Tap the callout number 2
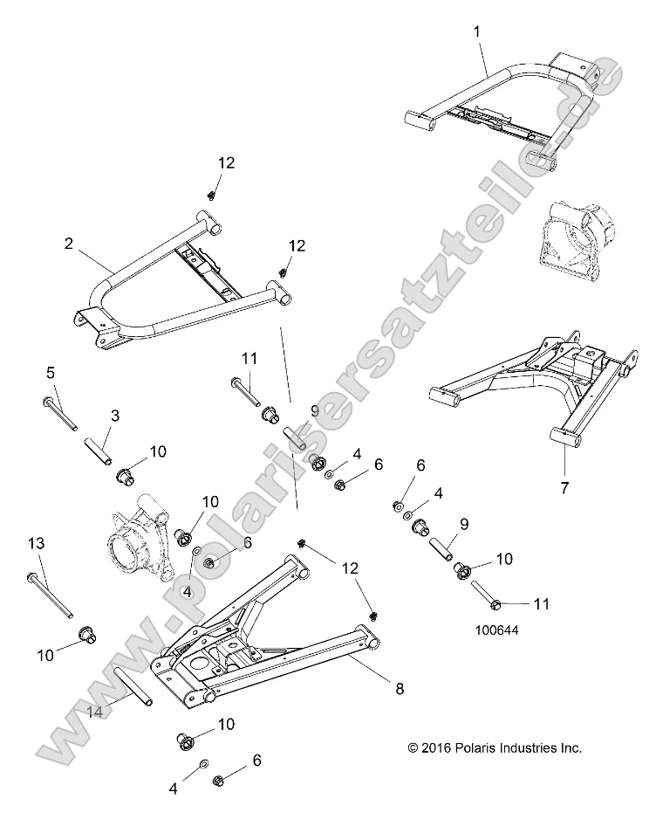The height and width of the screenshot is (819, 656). pos(69,244)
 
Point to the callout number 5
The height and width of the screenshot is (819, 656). pos(49,373)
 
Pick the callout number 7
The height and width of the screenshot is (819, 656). pos(564,488)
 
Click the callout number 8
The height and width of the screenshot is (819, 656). pos(400,689)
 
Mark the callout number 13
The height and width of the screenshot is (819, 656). pos(35,543)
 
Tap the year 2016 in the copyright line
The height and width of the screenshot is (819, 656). pos(437,747)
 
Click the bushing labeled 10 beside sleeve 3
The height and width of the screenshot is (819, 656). pos(124,477)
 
